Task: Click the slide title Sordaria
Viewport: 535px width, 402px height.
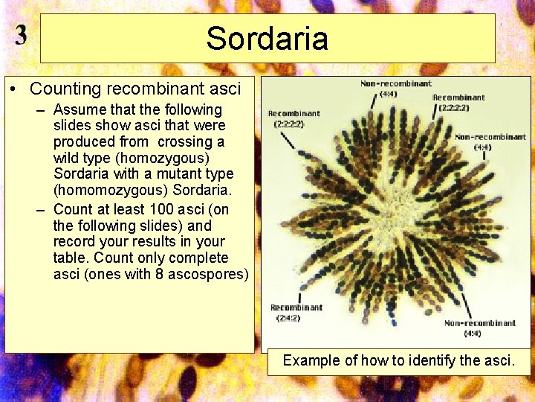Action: click(x=267, y=38)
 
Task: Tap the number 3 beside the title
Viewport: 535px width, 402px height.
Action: click(x=21, y=36)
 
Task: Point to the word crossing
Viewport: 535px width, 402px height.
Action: click(x=198, y=141)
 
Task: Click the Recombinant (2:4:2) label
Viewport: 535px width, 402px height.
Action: click(x=296, y=313)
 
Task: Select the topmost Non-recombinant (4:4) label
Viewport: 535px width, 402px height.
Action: click(x=395, y=89)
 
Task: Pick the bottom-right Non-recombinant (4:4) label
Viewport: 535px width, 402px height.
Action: click(x=480, y=328)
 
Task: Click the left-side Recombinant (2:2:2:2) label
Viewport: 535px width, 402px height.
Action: click(x=294, y=118)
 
